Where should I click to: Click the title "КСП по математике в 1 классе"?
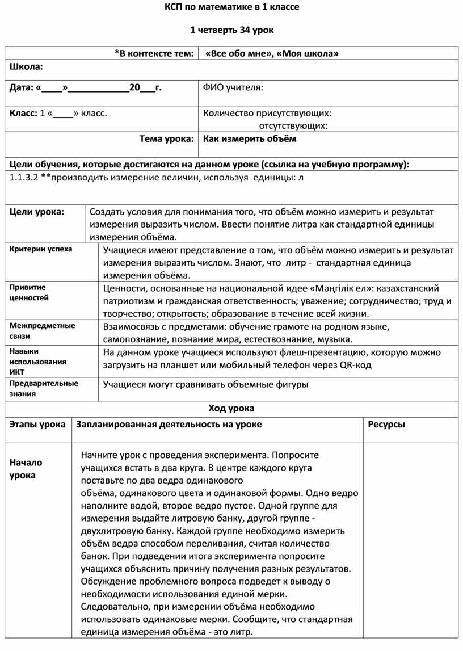[231, 7]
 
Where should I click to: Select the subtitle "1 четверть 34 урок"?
[231, 30]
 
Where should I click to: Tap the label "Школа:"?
[26, 67]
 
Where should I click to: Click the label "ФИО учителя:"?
[233, 87]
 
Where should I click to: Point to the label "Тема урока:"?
[167, 138]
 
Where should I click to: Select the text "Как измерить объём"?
[250, 138]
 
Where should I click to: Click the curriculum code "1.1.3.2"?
[24, 178]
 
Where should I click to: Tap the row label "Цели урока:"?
[37, 212]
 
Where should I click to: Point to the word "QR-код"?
[356, 365]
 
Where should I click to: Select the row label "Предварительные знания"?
[44, 388]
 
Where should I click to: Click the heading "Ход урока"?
[231, 408]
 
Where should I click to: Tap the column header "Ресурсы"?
[386, 424]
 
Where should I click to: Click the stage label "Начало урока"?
[26, 469]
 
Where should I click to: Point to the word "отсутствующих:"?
[293, 125]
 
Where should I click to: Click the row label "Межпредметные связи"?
[43, 331]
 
